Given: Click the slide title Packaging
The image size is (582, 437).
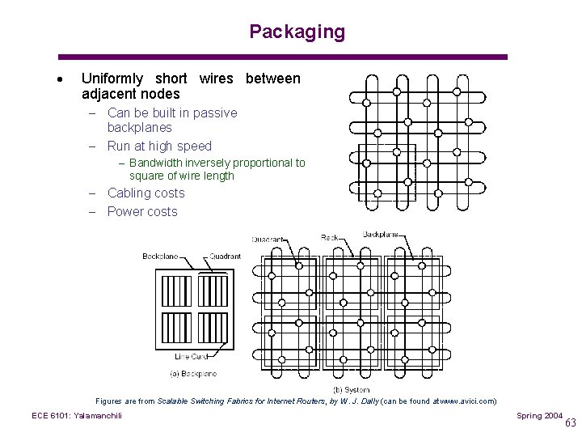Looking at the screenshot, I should (297, 32).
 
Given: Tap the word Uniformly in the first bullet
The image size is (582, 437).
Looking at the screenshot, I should (112, 78).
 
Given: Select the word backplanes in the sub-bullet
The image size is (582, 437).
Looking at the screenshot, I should (140, 127).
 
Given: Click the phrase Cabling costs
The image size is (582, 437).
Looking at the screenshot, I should (145, 193).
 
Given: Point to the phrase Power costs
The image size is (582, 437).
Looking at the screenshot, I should (142, 211).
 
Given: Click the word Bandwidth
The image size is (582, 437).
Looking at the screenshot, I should (155, 163).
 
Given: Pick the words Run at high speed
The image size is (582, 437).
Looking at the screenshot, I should (159, 146).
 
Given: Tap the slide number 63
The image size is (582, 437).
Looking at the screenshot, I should (571, 422).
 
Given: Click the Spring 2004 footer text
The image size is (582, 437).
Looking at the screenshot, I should (540, 415).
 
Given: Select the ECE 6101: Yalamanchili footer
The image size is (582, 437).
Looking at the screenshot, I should (77, 415).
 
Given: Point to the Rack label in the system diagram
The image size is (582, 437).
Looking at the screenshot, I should (330, 238).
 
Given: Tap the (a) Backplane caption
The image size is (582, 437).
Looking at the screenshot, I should (193, 374).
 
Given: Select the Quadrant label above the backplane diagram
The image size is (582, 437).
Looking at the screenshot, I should (225, 257).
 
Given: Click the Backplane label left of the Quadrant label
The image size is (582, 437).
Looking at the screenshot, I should (160, 257).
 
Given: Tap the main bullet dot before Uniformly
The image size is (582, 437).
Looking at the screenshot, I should (61, 80).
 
